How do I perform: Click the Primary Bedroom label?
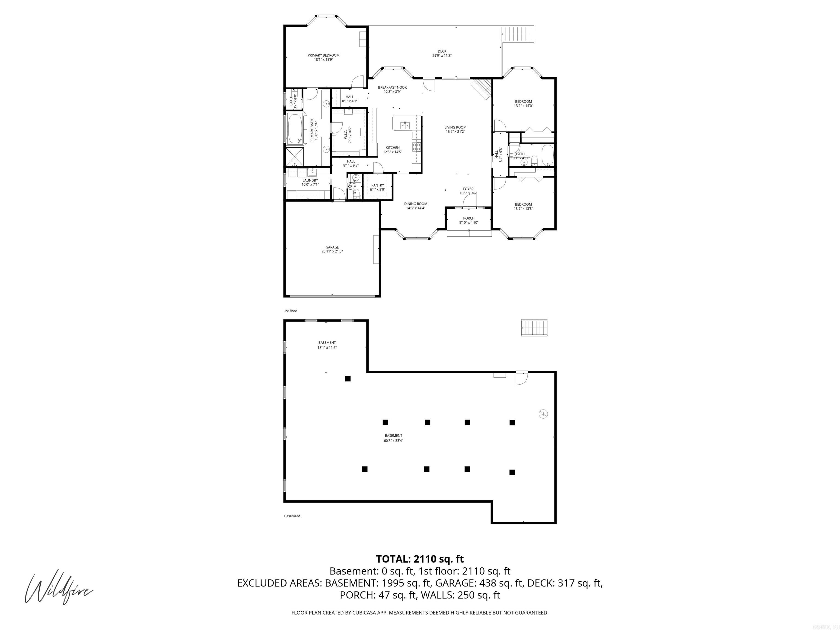(323, 56)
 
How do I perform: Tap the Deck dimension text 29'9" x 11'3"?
(442, 56)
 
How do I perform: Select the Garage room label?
(332, 247)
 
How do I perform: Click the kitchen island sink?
(405, 125)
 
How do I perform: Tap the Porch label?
(469, 218)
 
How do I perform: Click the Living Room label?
(455, 128)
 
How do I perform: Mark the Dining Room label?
(415, 204)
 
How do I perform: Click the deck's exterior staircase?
(518, 34)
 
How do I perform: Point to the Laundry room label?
(310, 181)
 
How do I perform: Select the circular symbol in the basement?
(543, 413)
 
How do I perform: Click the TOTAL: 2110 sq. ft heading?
(420, 559)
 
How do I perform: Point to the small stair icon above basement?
(534, 328)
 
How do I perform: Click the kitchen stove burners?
(416, 147)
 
